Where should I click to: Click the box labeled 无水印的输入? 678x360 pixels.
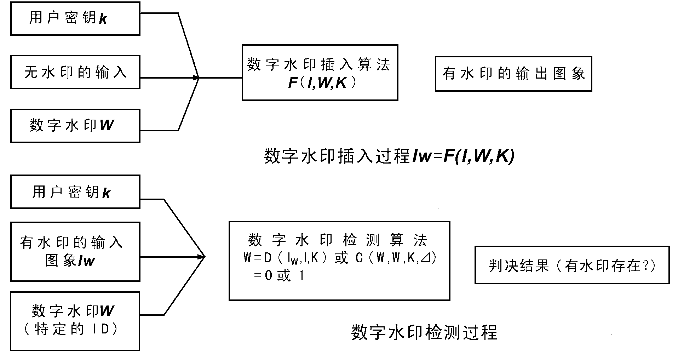tap(75, 72)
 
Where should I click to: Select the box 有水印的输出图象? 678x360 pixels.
tap(513, 74)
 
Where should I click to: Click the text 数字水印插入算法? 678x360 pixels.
tap(319, 65)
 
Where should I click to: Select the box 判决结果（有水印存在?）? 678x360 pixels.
tap(572, 265)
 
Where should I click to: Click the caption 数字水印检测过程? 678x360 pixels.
tap(424, 332)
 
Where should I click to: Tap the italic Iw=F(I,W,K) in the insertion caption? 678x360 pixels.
tap(463, 156)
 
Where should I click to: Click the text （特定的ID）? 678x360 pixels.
tap(71, 329)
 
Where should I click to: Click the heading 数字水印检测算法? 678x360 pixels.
tap(338, 240)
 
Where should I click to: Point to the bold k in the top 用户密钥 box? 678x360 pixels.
tap(103, 19)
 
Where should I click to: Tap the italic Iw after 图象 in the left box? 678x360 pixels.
tap(86, 261)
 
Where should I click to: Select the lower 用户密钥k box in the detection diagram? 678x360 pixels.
tap(75, 192)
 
